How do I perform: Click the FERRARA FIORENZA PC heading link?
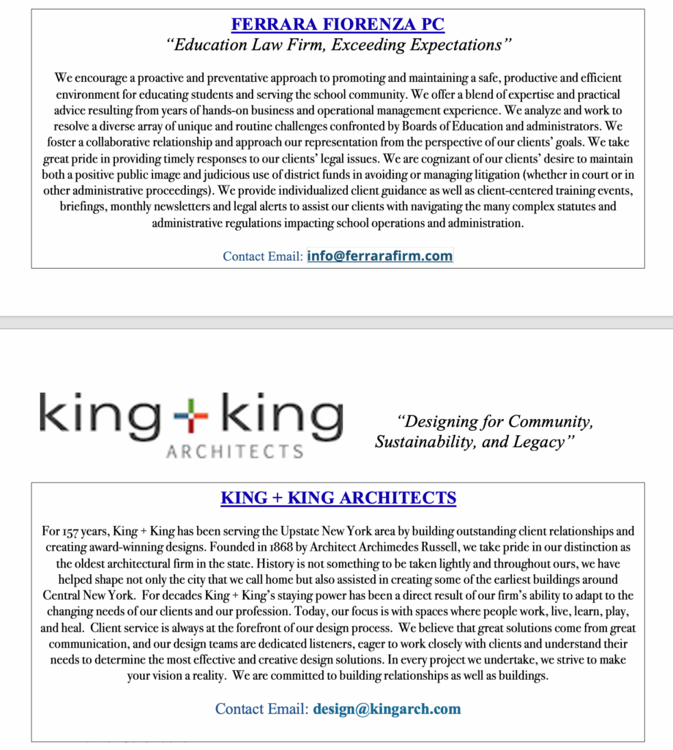pos(338,25)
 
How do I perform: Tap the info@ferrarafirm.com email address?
pos(379,256)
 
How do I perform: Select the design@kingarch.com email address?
pos(387,709)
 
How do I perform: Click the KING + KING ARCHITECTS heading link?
pos(338,499)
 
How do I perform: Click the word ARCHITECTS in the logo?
pos(234,451)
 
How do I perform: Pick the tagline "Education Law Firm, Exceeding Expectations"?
pos(338,45)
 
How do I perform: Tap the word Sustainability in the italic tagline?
pos(425,442)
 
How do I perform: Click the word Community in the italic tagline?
pos(550,423)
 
